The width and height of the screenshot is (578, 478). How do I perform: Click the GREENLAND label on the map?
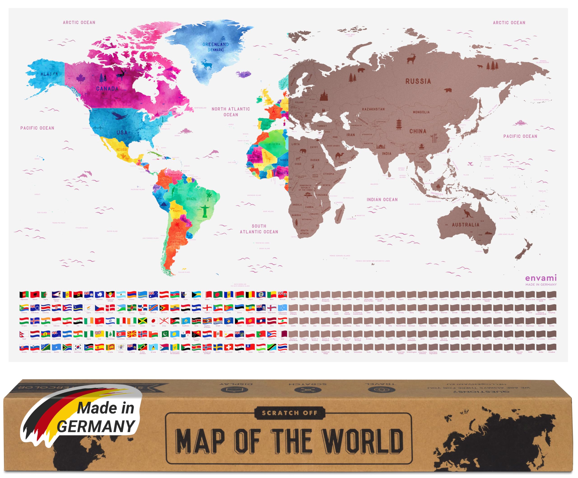pos(216,44)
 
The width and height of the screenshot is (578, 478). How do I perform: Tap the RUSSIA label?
pos(418,81)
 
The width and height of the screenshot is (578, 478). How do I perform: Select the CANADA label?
pos(107,89)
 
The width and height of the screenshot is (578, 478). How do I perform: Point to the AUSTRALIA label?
pos(465,225)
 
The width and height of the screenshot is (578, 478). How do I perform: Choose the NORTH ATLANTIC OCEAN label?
pos(231,112)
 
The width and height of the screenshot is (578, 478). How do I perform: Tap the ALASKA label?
pos(49,74)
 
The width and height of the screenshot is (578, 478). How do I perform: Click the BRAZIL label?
pos(191,199)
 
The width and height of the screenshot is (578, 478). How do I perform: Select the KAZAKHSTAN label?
pos(373,109)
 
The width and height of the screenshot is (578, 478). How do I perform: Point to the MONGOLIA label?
pos(421,112)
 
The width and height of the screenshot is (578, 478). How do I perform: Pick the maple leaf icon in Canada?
pos(81,79)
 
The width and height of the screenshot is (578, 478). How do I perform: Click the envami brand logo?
pos(541,278)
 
